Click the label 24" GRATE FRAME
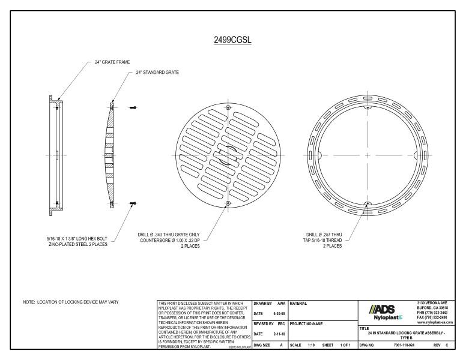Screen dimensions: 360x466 112,62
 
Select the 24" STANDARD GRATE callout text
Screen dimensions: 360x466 154,73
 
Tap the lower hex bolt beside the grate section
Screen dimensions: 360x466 132,204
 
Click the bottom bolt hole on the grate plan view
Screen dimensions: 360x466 228,204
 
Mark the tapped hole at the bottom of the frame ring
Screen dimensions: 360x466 367,204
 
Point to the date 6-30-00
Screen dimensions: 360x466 278,313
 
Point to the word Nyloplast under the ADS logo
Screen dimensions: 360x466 377,317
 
